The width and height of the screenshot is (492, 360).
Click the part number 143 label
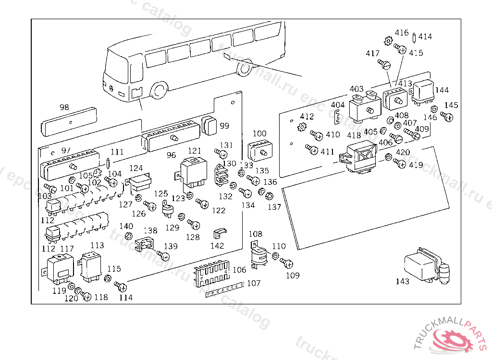pos(402,281)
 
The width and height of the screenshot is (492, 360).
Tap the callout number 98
pos(64,107)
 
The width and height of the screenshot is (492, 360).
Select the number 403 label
pos(357,89)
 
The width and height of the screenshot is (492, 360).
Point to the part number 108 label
pos(256,234)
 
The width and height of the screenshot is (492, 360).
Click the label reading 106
pos(239,270)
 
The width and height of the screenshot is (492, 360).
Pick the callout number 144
pos(442,90)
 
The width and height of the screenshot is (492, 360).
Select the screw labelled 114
pos(121,287)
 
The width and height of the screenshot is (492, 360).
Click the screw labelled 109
pos(288,263)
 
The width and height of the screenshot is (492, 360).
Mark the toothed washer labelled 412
pos(302,127)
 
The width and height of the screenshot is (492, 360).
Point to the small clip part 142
pos(219,233)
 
